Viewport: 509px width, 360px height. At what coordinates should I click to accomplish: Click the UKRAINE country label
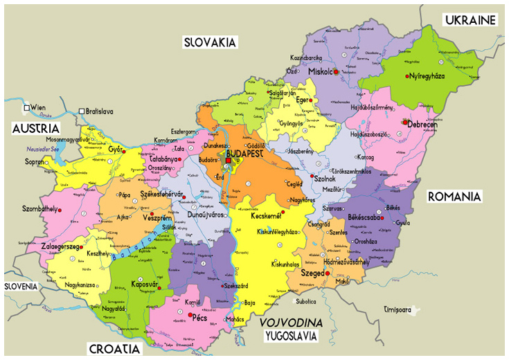point(471,19)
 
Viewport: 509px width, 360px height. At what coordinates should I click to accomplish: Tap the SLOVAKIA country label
point(210,42)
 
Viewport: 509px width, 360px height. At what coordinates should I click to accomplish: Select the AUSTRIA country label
point(35,128)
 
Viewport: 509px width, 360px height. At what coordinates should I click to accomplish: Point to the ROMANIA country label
point(454,197)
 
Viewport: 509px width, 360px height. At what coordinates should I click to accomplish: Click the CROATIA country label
point(113,348)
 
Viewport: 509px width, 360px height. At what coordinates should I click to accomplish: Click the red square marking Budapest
point(228,161)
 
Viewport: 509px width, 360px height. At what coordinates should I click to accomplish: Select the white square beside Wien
point(27,109)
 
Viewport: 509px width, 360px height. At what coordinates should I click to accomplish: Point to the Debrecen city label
point(422,125)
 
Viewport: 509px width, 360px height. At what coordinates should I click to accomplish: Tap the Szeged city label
point(313,273)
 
